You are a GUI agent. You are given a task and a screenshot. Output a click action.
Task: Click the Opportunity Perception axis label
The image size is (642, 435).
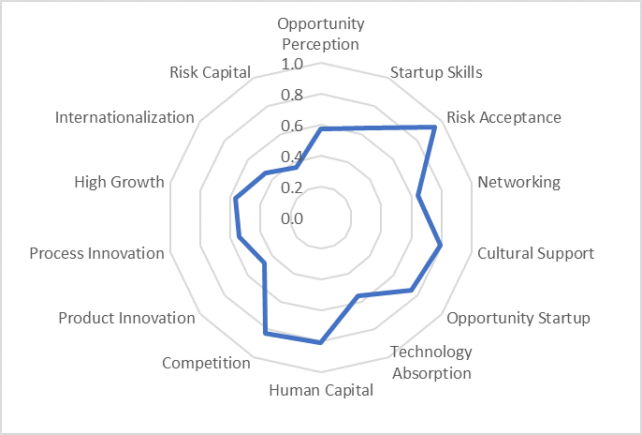coord(321,33)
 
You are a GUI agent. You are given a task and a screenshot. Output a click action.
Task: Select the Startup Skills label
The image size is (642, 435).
coord(436,72)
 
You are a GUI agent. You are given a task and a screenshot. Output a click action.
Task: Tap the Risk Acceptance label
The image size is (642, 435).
coord(503,117)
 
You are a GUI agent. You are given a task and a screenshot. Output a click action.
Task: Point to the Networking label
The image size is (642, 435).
coord(518,182)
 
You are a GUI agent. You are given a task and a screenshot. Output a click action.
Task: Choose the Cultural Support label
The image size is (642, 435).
coord(535,253)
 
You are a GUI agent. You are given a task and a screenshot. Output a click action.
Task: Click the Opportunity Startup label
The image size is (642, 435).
coord(518,318)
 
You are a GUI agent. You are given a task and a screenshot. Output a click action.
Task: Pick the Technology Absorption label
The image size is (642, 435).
coord(430,362)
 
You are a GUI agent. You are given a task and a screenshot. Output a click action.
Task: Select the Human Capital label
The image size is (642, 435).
coord(321,390)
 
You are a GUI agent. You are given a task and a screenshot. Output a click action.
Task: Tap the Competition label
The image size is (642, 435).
coord(206,363)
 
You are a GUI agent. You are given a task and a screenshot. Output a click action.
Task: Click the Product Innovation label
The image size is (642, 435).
coord(126,318)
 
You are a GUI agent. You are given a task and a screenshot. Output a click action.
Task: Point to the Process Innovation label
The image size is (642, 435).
coord(96,253)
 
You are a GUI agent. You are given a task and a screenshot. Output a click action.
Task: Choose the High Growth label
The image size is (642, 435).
coord(119,182)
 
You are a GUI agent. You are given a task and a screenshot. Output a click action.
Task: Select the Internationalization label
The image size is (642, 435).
coord(124,117)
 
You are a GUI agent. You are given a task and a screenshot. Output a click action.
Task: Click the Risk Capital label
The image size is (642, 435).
coord(211,72)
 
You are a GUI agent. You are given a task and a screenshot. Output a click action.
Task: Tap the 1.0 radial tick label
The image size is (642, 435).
coord(292,65)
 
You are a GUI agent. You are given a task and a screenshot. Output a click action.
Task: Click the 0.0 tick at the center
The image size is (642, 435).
coord(292,218)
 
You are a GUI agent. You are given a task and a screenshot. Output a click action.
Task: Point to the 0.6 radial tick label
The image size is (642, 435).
coord(292,127)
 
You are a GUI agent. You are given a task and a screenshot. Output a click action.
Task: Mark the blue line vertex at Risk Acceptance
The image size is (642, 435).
coord(434,127)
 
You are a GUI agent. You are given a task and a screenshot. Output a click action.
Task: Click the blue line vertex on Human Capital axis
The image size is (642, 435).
coord(321,342)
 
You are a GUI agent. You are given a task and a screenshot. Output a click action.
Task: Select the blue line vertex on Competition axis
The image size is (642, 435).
coord(266,332)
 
